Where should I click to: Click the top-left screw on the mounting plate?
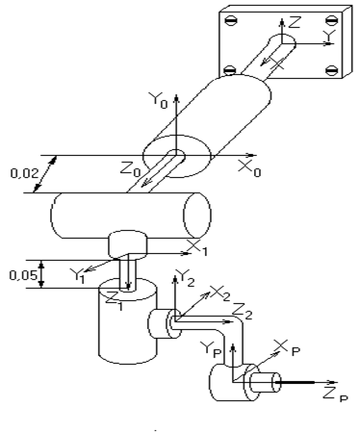point(230,21)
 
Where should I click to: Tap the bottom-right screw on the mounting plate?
point(332,70)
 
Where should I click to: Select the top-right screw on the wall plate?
point(332,21)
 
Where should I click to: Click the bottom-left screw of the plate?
point(230,69)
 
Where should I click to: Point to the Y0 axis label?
point(158,100)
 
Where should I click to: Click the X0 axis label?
point(249,168)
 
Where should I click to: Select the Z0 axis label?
point(131,169)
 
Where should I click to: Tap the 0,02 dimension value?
point(24,173)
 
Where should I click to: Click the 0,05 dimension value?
point(23,275)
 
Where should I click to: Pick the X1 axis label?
point(197,248)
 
